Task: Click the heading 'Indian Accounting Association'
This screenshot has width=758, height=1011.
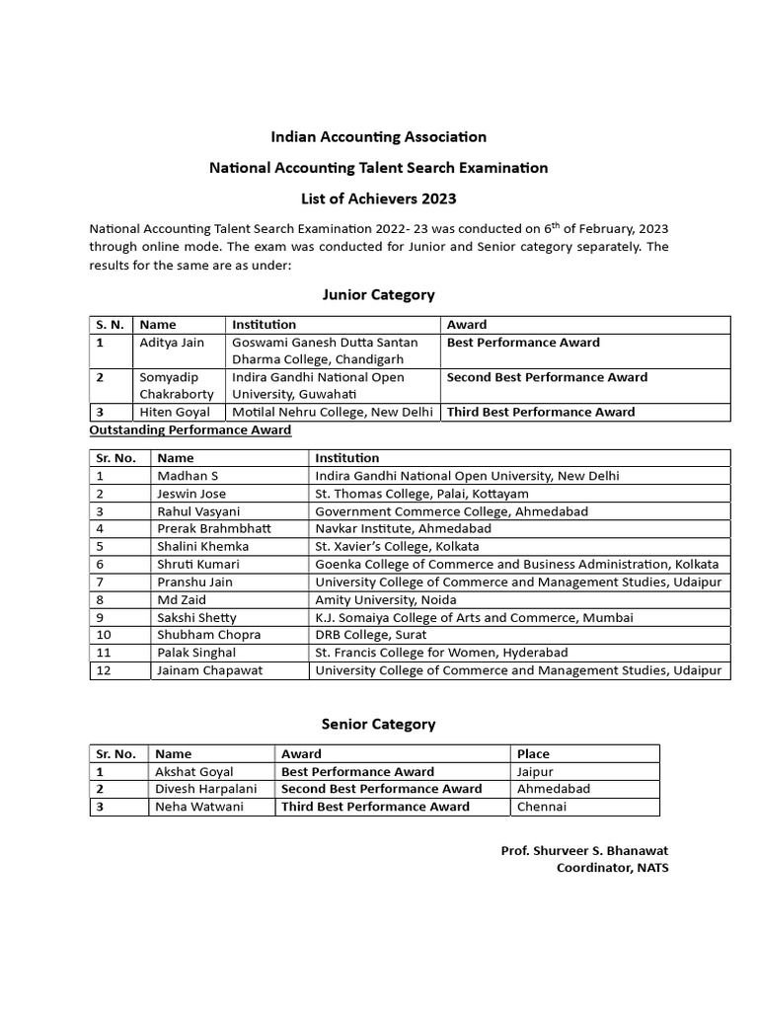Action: pyautogui.click(x=378, y=136)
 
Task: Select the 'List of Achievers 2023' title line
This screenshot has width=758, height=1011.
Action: pyautogui.click(x=378, y=198)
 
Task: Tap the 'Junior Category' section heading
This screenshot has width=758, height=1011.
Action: pyautogui.click(x=378, y=294)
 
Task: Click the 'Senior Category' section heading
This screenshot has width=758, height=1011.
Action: pyautogui.click(x=378, y=724)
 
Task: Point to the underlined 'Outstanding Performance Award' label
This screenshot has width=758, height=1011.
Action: pyautogui.click(x=190, y=429)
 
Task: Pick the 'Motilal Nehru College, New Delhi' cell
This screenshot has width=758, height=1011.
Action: pyautogui.click(x=333, y=412)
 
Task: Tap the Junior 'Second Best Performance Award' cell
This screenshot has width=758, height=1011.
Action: pyautogui.click(x=547, y=377)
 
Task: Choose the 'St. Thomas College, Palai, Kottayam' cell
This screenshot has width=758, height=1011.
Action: pyautogui.click(x=421, y=494)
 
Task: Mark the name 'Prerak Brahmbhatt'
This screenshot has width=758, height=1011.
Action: pyautogui.click(x=214, y=529)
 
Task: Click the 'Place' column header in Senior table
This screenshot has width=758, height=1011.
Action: pyautogui.click(x=533, y=754)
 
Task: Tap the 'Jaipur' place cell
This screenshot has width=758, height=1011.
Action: pyautogui.click(x=535, y=771)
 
